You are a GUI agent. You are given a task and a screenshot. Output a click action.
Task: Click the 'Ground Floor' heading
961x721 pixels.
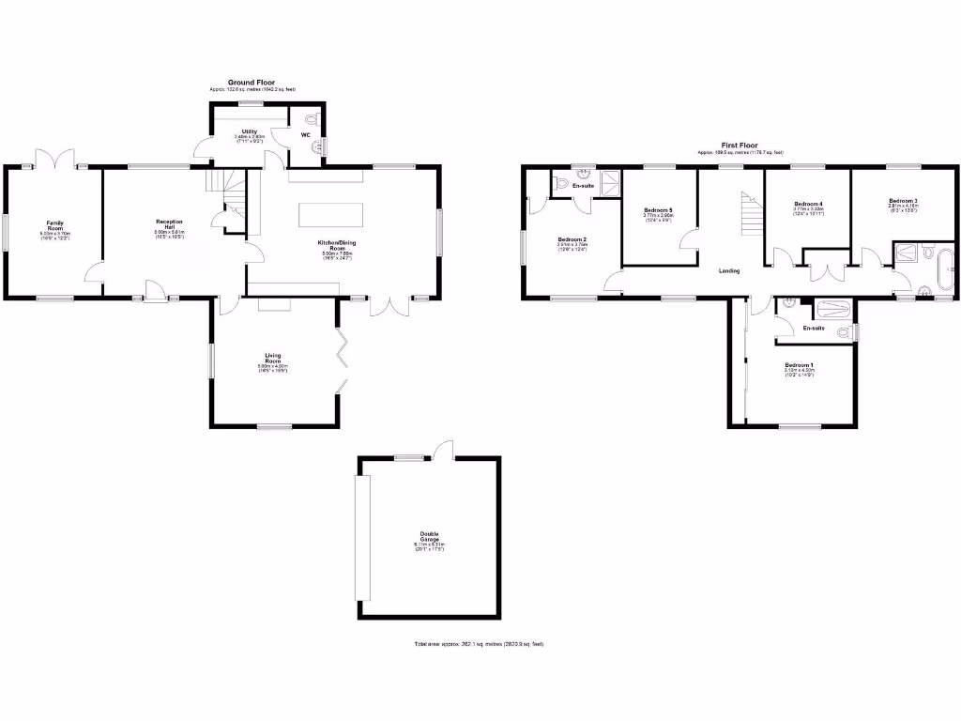click(x=252, y=82)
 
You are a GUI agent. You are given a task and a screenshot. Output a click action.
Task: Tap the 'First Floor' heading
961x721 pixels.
click(x=739, y=146)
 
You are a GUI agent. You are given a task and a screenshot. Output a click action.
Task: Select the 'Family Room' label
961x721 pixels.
click(x=54, y=225)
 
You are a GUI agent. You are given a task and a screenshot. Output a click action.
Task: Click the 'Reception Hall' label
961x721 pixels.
click(x=168, y=225)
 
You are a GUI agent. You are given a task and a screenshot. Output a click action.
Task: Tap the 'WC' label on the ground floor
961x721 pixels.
click(x=305, y=135)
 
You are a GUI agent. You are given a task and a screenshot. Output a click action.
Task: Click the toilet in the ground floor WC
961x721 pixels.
click(x=313, y=119)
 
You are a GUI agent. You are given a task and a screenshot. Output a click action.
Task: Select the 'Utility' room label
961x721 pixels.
click(x=250, y=132)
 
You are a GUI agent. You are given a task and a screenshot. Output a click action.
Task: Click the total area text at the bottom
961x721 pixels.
click(x=479, y=644)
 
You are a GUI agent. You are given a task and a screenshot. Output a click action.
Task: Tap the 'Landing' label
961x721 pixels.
click(x=729, y=271)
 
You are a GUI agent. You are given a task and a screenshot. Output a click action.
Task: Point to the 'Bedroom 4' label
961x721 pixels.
click(x=808, y=205)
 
